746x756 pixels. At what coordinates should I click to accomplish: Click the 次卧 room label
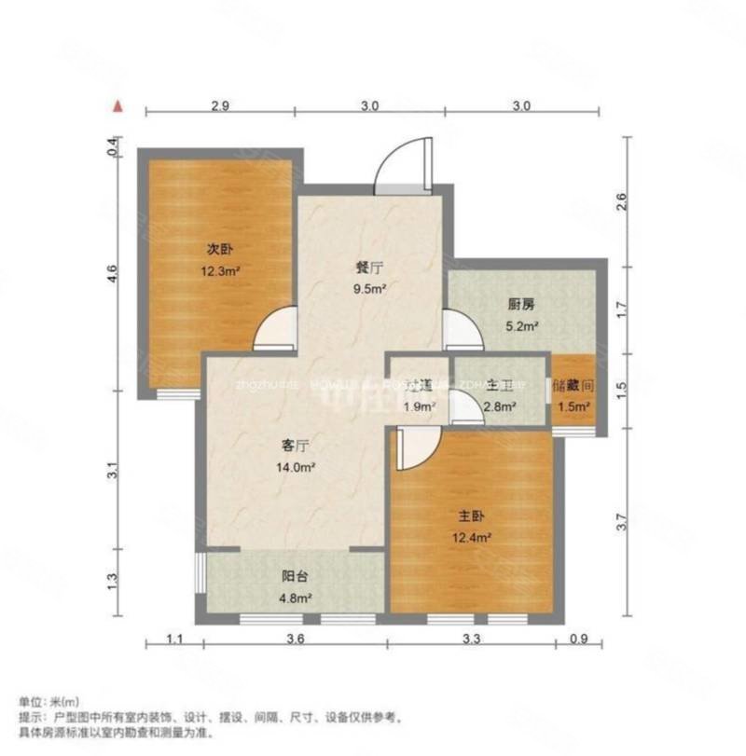(x=218, y=250)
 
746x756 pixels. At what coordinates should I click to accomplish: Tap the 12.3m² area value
(x=220, y=272)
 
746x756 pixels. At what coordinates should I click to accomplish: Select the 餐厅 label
(x=365, y=266)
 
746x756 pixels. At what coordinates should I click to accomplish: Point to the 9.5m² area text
(x=368, y=288)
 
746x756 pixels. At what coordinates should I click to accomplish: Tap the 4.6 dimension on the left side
(x=112, y=275)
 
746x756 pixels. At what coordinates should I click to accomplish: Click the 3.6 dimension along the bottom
(x=294, y=639)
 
